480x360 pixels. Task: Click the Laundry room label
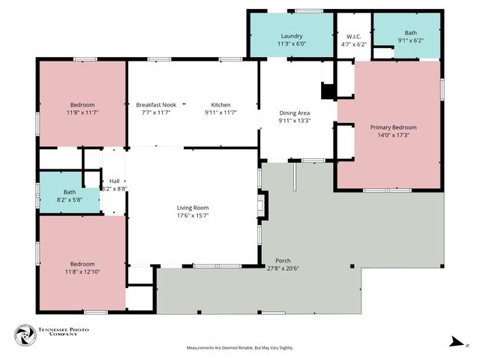click(291, 36)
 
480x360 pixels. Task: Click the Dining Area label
click(294, 112)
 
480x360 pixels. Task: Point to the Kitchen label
click(220, 105)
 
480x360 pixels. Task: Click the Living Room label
click(192, 208)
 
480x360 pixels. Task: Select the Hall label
click(114, 181)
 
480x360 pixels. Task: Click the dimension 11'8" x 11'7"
click(82, 112)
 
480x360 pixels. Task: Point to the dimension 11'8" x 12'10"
click(82, 271)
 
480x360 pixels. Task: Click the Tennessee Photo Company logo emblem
click(26, 335)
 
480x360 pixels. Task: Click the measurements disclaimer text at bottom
click(239, 348)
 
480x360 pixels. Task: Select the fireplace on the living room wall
click(260, 204)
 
